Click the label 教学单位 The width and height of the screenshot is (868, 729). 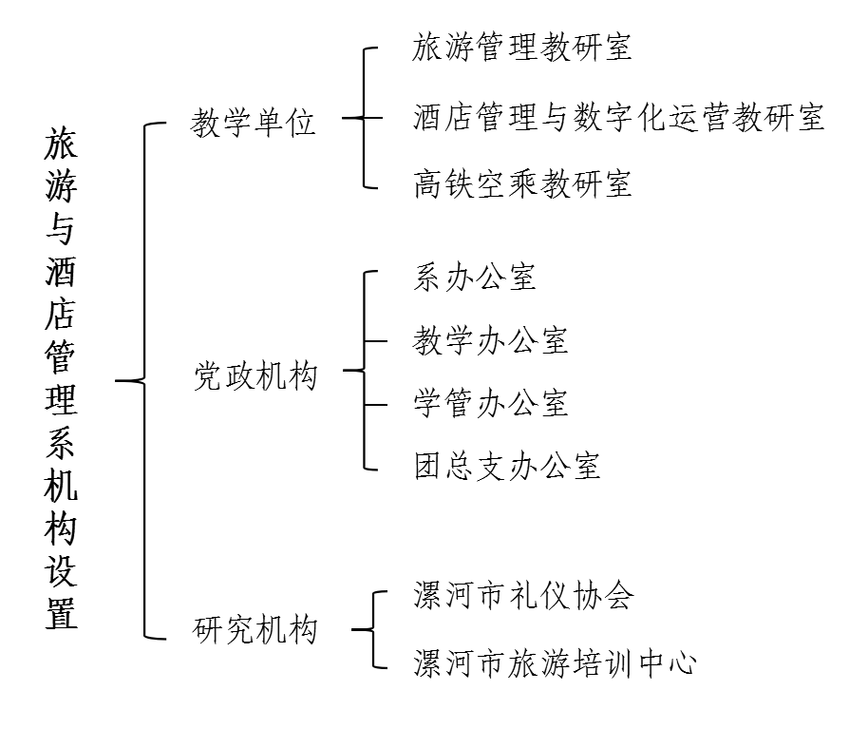pyautogui.click(x=253, y=123)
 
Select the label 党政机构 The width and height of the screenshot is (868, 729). pyautogui.click(x=255, y=377)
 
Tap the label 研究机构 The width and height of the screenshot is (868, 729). pyautogui.click(x=255, y=630)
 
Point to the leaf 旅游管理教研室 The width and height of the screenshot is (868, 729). pyautogui.click(x=522, y=47)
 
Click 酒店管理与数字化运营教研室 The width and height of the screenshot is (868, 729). pyautogui.click(x=619, y=118)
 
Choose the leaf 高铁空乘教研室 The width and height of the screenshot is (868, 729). pyautogui.click(x=522, y=183)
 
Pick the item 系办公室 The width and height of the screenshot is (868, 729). pyautogui.click(x=475, y=277)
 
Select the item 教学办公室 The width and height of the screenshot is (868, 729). pyautogui.click(x=490, y=340)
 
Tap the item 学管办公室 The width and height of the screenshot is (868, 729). pyautogui.click(x=490, y=403)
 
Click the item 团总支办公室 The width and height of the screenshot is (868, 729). pyautogui.click(x=506, y=466)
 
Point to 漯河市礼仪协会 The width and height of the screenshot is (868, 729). pyautogui.click(x=523, y=596)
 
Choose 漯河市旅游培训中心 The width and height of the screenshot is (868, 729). pyautogui.click(x=555, y=663)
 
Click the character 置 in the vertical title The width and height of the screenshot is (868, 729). pyautogui.click(x=61, y=612)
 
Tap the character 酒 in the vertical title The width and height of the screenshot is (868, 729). pyautogui.click(x=61, y=271)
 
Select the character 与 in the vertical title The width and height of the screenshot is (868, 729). pyautogui.click(x=61, y=228)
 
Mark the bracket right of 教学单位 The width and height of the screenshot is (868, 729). pyautogui.click(x=364, y=118)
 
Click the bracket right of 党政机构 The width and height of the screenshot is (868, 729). pyautogui.click(x=364, y=370)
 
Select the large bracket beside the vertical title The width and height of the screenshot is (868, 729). pyautogui.click(x=145, y=380)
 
